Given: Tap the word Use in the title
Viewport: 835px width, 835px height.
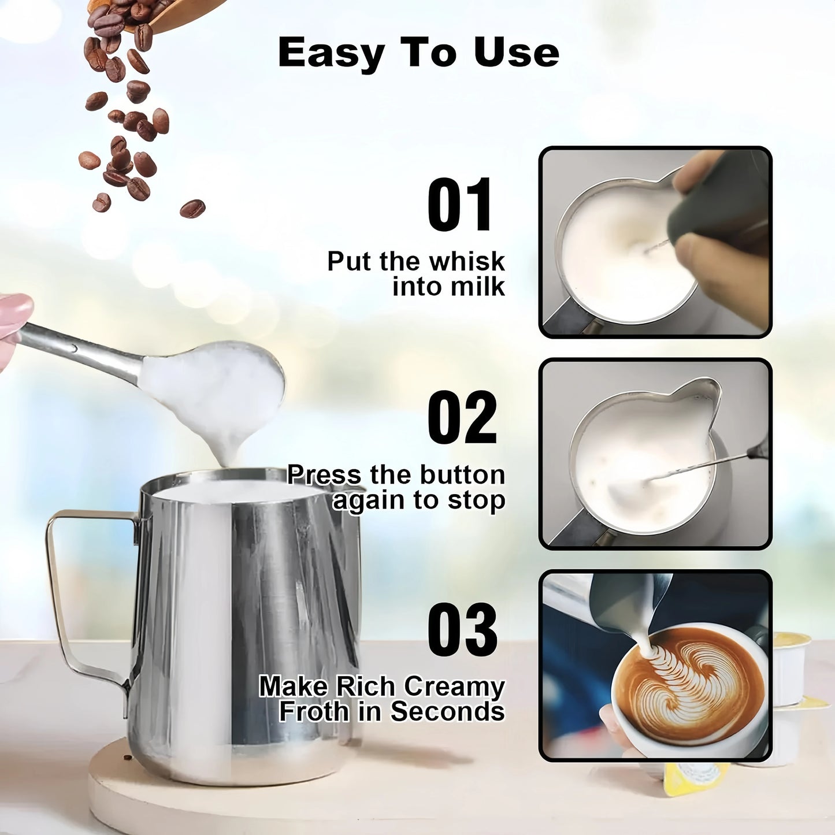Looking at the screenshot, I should [x=516, y=53].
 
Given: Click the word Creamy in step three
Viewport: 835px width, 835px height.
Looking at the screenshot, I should [x=454, y=686].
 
